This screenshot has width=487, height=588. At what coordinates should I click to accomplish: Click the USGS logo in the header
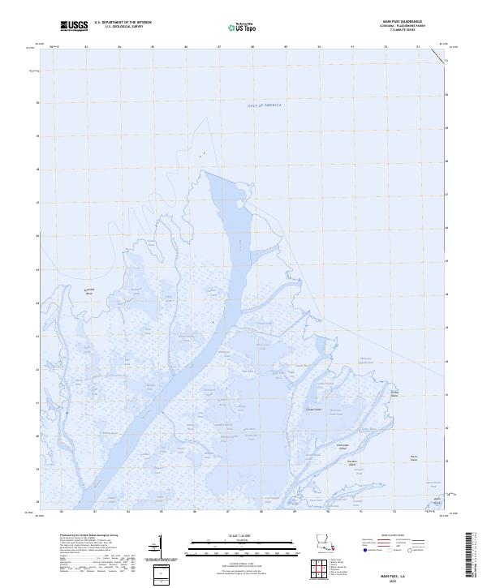74,26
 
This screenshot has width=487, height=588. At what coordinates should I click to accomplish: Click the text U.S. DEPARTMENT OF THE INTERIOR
123,22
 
